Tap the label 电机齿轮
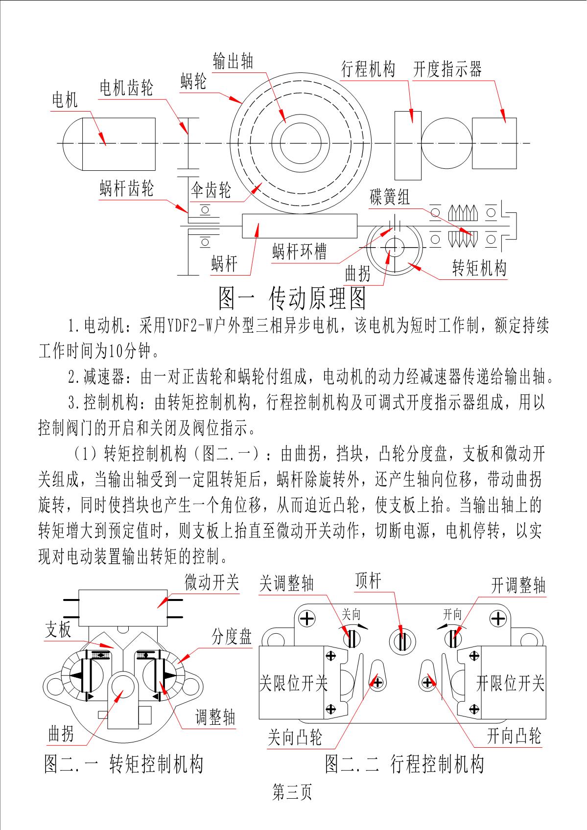click(x=126, y=88)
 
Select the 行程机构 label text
click(x=368, y=69)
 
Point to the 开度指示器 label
click(x=447, y=69)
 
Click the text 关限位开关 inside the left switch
click(x=293, y=683)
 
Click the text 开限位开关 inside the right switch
click(x=511, y=683)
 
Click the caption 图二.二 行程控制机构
click(x=404, y=764)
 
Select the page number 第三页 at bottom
click(x=292, y=792)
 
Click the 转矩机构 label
click(x=479, y=268)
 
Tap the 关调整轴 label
click(x=286, y=583)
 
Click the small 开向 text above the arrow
click(x=452, y=614)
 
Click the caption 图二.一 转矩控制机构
click(x=123, y=764)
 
